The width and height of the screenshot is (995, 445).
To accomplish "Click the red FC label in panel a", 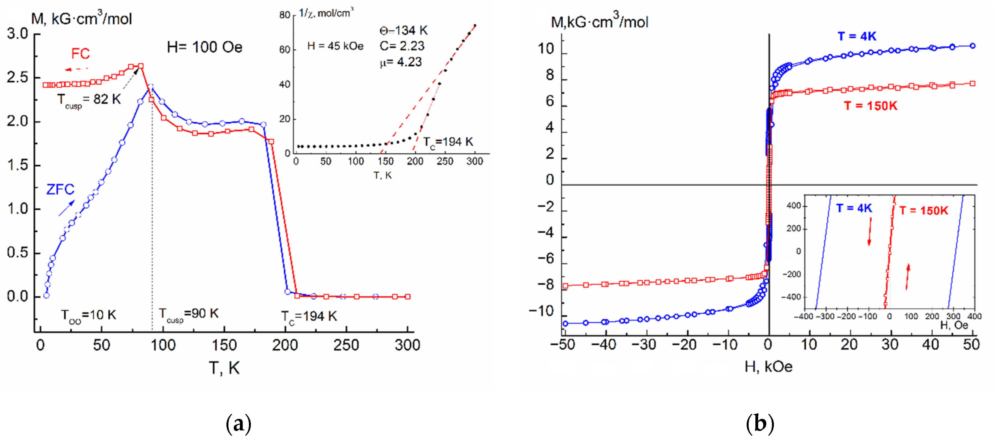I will tap(80, 53).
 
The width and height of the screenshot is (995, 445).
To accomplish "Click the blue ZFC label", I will tap(60, 189).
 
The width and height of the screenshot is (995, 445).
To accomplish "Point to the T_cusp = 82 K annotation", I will tap(89, 100).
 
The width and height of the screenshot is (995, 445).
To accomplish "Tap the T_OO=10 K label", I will tap(88, 315).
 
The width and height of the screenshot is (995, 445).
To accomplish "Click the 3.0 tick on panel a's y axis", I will tap(17, 34).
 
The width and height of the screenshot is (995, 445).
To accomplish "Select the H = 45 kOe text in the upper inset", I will tap(335, 46).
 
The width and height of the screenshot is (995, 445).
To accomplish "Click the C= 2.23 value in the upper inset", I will tap(402, 46).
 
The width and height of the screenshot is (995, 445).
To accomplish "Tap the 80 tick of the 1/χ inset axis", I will tap(285, 15).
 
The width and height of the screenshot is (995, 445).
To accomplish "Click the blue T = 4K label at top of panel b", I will tap(857, 36).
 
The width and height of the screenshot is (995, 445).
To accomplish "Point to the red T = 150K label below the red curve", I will tap(870, 106).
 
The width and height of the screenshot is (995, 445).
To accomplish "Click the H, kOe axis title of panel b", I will tap(768, 367).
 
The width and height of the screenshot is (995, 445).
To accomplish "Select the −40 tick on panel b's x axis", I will tap(604, 344).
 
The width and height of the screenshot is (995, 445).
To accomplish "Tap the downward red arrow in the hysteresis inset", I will tap(870, 231).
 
